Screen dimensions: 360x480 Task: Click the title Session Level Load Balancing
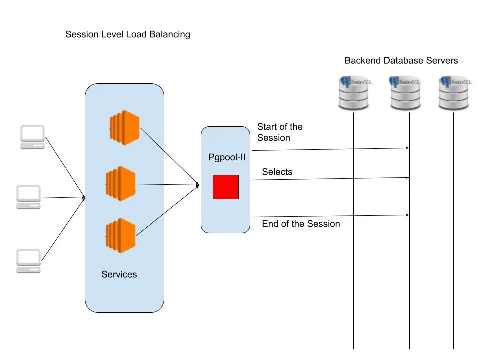click(x=128, y=35)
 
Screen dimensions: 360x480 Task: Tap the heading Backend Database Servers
click(x=401, y=61)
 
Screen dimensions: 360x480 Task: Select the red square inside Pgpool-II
click(x=226, y=187)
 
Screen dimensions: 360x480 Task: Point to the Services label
click(x=119, y=274)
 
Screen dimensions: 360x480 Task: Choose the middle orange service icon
click(x=121, y=184)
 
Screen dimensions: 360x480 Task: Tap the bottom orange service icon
click(x=121, y=234)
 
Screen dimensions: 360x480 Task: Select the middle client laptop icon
click(x=28, y=197)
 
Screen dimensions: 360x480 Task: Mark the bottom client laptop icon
click(x=28, y=261)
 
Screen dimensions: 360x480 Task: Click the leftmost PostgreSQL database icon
click(x=353, y=93)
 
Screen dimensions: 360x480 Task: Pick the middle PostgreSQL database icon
click(x=405, y=93)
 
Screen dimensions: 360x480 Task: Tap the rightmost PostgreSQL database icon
click(x=454, y=93)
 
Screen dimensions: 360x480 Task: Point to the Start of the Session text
click(x=280, y=132)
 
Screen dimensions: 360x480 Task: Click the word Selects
click(x=277, y=172)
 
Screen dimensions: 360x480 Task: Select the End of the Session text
click(x=301, y=224)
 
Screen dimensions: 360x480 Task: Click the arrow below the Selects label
click(x=330, y=179)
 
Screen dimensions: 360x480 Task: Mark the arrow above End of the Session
click(x=330, y=216)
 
